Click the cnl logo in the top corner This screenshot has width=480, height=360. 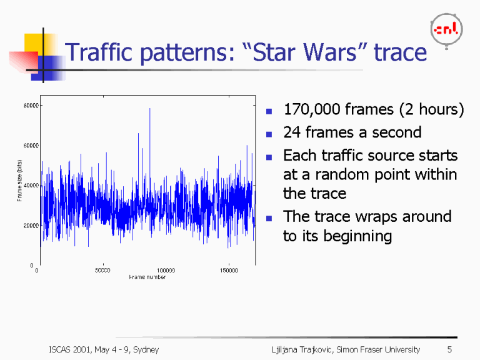447,29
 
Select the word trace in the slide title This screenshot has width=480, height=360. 400,52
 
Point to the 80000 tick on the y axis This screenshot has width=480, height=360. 29,106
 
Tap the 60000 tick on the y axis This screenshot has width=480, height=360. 29,146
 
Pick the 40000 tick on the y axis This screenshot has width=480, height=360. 29,186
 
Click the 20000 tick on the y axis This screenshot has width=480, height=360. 29,226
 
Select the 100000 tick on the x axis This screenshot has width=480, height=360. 166,271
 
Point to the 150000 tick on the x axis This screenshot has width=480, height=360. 229,271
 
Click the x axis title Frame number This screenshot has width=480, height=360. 147,276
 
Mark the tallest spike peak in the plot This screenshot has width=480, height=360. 149,109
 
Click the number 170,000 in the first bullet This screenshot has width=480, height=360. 311,111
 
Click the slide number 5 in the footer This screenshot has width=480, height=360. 449,349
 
